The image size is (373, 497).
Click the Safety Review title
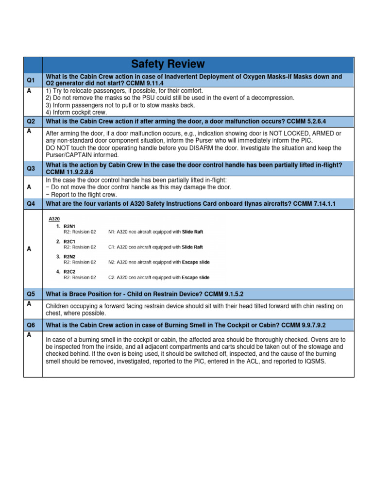168,64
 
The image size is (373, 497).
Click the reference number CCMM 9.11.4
145,83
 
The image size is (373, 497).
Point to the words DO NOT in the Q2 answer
56,148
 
